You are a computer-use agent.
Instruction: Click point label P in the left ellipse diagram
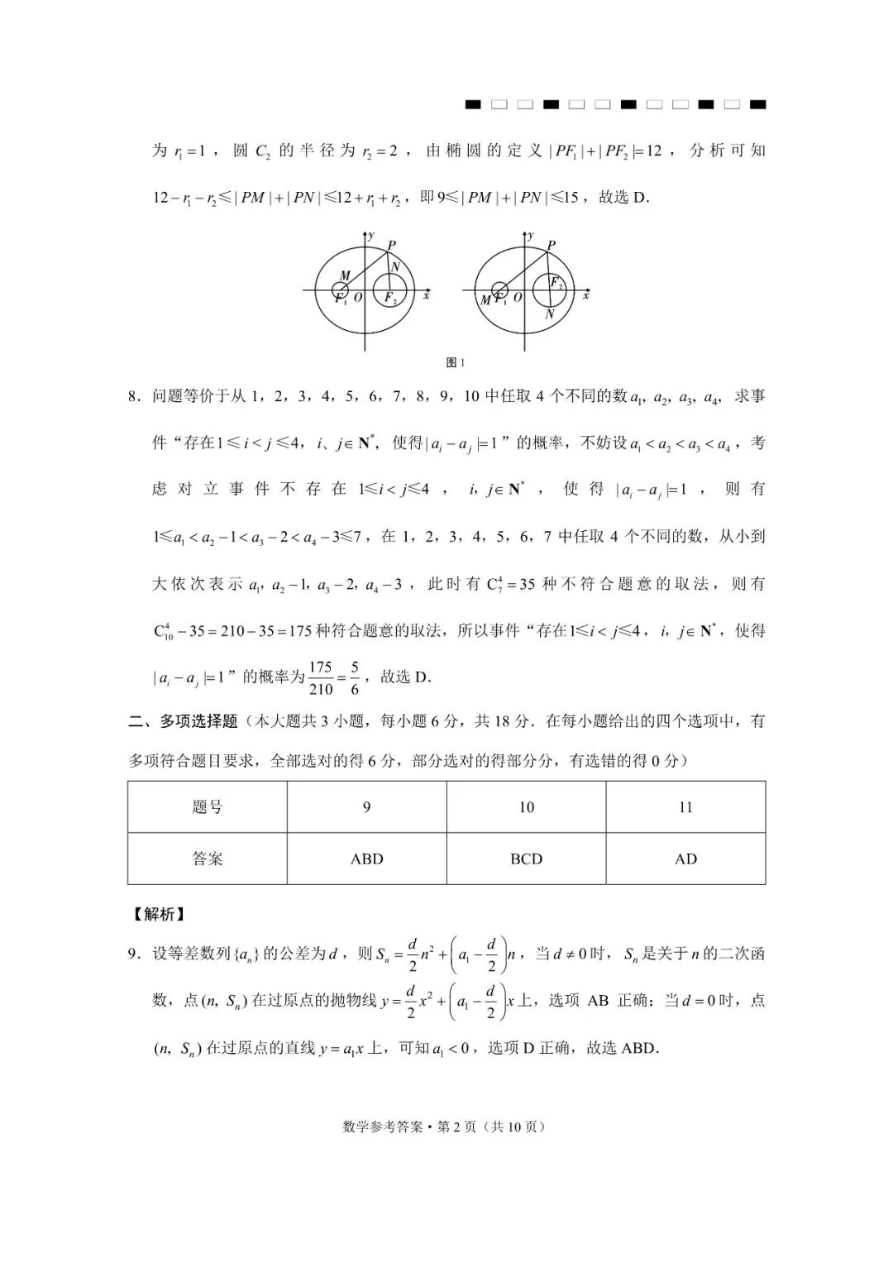coord(391,245)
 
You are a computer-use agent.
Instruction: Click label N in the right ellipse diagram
coord(550,314)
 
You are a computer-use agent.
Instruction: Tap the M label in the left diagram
coord(345,275)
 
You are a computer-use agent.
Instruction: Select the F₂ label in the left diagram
coord(389,299)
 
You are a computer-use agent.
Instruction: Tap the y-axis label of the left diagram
coord(371,236)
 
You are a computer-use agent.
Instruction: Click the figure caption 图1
coord(456,362)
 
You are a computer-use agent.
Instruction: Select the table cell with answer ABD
coord(367,859)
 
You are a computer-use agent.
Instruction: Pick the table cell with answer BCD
coord(526,859)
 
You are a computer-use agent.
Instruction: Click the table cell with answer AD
coord(685,859)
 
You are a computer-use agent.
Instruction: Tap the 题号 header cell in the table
coord(208,807)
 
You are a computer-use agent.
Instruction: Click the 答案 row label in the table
coord(208,859)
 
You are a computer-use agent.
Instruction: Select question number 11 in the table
coord(685,807)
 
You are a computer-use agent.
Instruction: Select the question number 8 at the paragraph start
coord(133,396)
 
